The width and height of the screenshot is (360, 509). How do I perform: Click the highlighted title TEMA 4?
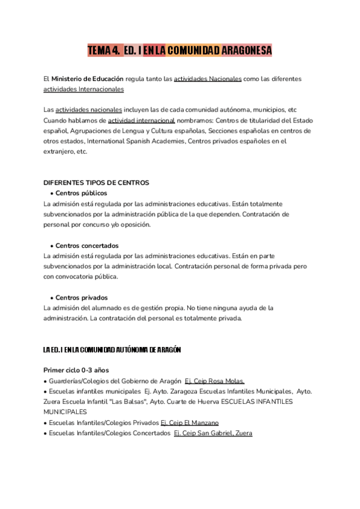[103, 51]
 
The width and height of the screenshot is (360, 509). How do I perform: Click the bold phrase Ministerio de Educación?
[88, 79]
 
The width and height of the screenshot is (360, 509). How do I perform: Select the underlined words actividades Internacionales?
[84, 89]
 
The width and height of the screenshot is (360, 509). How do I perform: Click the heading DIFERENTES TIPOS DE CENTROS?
[97, 182]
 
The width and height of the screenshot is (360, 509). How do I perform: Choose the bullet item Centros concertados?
[86, 245]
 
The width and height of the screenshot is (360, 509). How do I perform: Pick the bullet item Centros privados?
[81, 297]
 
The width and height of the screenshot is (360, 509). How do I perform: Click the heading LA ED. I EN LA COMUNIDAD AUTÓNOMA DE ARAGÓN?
[112, 349]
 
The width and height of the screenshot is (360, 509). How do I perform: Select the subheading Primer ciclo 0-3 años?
[76, 370]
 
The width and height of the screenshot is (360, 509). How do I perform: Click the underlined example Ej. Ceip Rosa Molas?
[214, 381]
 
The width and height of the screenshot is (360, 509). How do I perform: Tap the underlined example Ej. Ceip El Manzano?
[190, 423]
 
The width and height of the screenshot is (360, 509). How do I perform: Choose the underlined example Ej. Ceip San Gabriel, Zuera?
[213, 433]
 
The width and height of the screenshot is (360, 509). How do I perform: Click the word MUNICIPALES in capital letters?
[65, 412]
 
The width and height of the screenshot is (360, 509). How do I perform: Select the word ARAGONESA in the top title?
[247, 51]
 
